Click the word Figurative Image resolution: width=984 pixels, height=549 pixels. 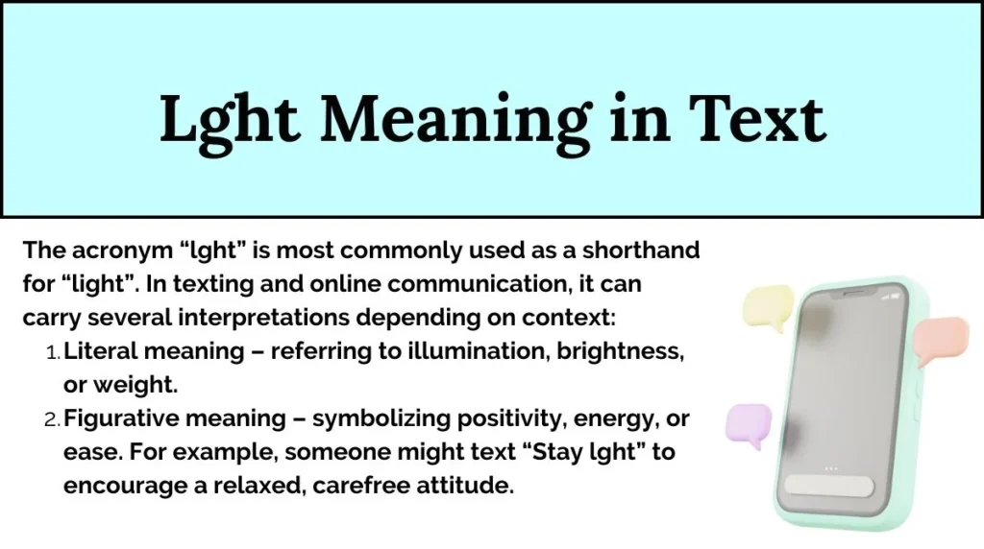coord(119,418)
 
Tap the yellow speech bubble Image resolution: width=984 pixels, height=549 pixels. coord(767,307)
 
